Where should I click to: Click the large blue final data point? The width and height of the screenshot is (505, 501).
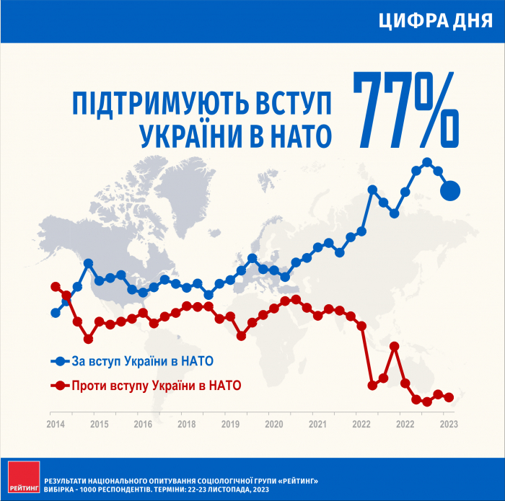point(450,191)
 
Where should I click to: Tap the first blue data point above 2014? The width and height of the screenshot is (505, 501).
point(56,313)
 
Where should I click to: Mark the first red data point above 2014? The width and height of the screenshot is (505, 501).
point(56,287)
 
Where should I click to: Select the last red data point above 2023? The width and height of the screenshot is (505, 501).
point(449,397)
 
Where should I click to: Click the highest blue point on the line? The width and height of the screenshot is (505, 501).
point(427,162)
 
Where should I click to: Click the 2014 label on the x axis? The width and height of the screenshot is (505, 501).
point(56,424)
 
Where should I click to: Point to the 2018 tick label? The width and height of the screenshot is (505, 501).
point(186,424)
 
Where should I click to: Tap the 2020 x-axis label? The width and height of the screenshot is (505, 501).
point(274,424)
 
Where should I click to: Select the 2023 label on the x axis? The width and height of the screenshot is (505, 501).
point(449,424)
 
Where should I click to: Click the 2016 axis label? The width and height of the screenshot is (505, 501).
point(143,424)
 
